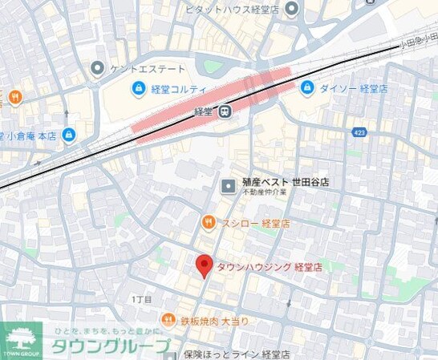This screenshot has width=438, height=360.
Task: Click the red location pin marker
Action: (x=205, y=265)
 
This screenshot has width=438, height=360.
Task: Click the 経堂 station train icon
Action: (x=227, y=113)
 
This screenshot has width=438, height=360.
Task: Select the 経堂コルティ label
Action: (x=179, y=89)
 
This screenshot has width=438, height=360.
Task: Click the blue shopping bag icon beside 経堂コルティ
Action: (x=136, y=89)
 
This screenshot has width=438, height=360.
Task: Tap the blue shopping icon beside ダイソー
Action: (x=306, y=87)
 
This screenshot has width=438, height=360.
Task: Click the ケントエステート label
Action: (x=148, y=69)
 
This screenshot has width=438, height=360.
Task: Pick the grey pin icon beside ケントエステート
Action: (x=98, y=69)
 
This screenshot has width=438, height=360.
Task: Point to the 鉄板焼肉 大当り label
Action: (x=214, y=320)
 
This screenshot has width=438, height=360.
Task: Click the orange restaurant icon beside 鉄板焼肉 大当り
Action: (x=167, y=320)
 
